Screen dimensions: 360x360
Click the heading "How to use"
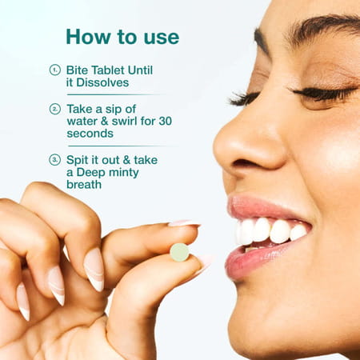(x=122, y=37)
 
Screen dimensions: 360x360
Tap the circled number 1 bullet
(x=55, y=70)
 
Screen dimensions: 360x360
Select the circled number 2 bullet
(x=55, y=109)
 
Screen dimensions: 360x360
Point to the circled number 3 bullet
(x=55, y=160)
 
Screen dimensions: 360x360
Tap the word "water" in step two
(x=84, y=121)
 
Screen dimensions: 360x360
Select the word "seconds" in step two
(x=90, y=134)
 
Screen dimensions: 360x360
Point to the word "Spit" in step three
(x=79, y=160)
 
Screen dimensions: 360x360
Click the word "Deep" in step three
(x=94, y=172)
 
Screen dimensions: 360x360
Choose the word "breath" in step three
(x=86, y=185)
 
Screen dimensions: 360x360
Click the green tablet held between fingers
(x=179, y=252)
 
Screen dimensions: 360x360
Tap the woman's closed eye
(x=320, y=94)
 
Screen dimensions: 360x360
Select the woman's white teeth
(x=268, y=231)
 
